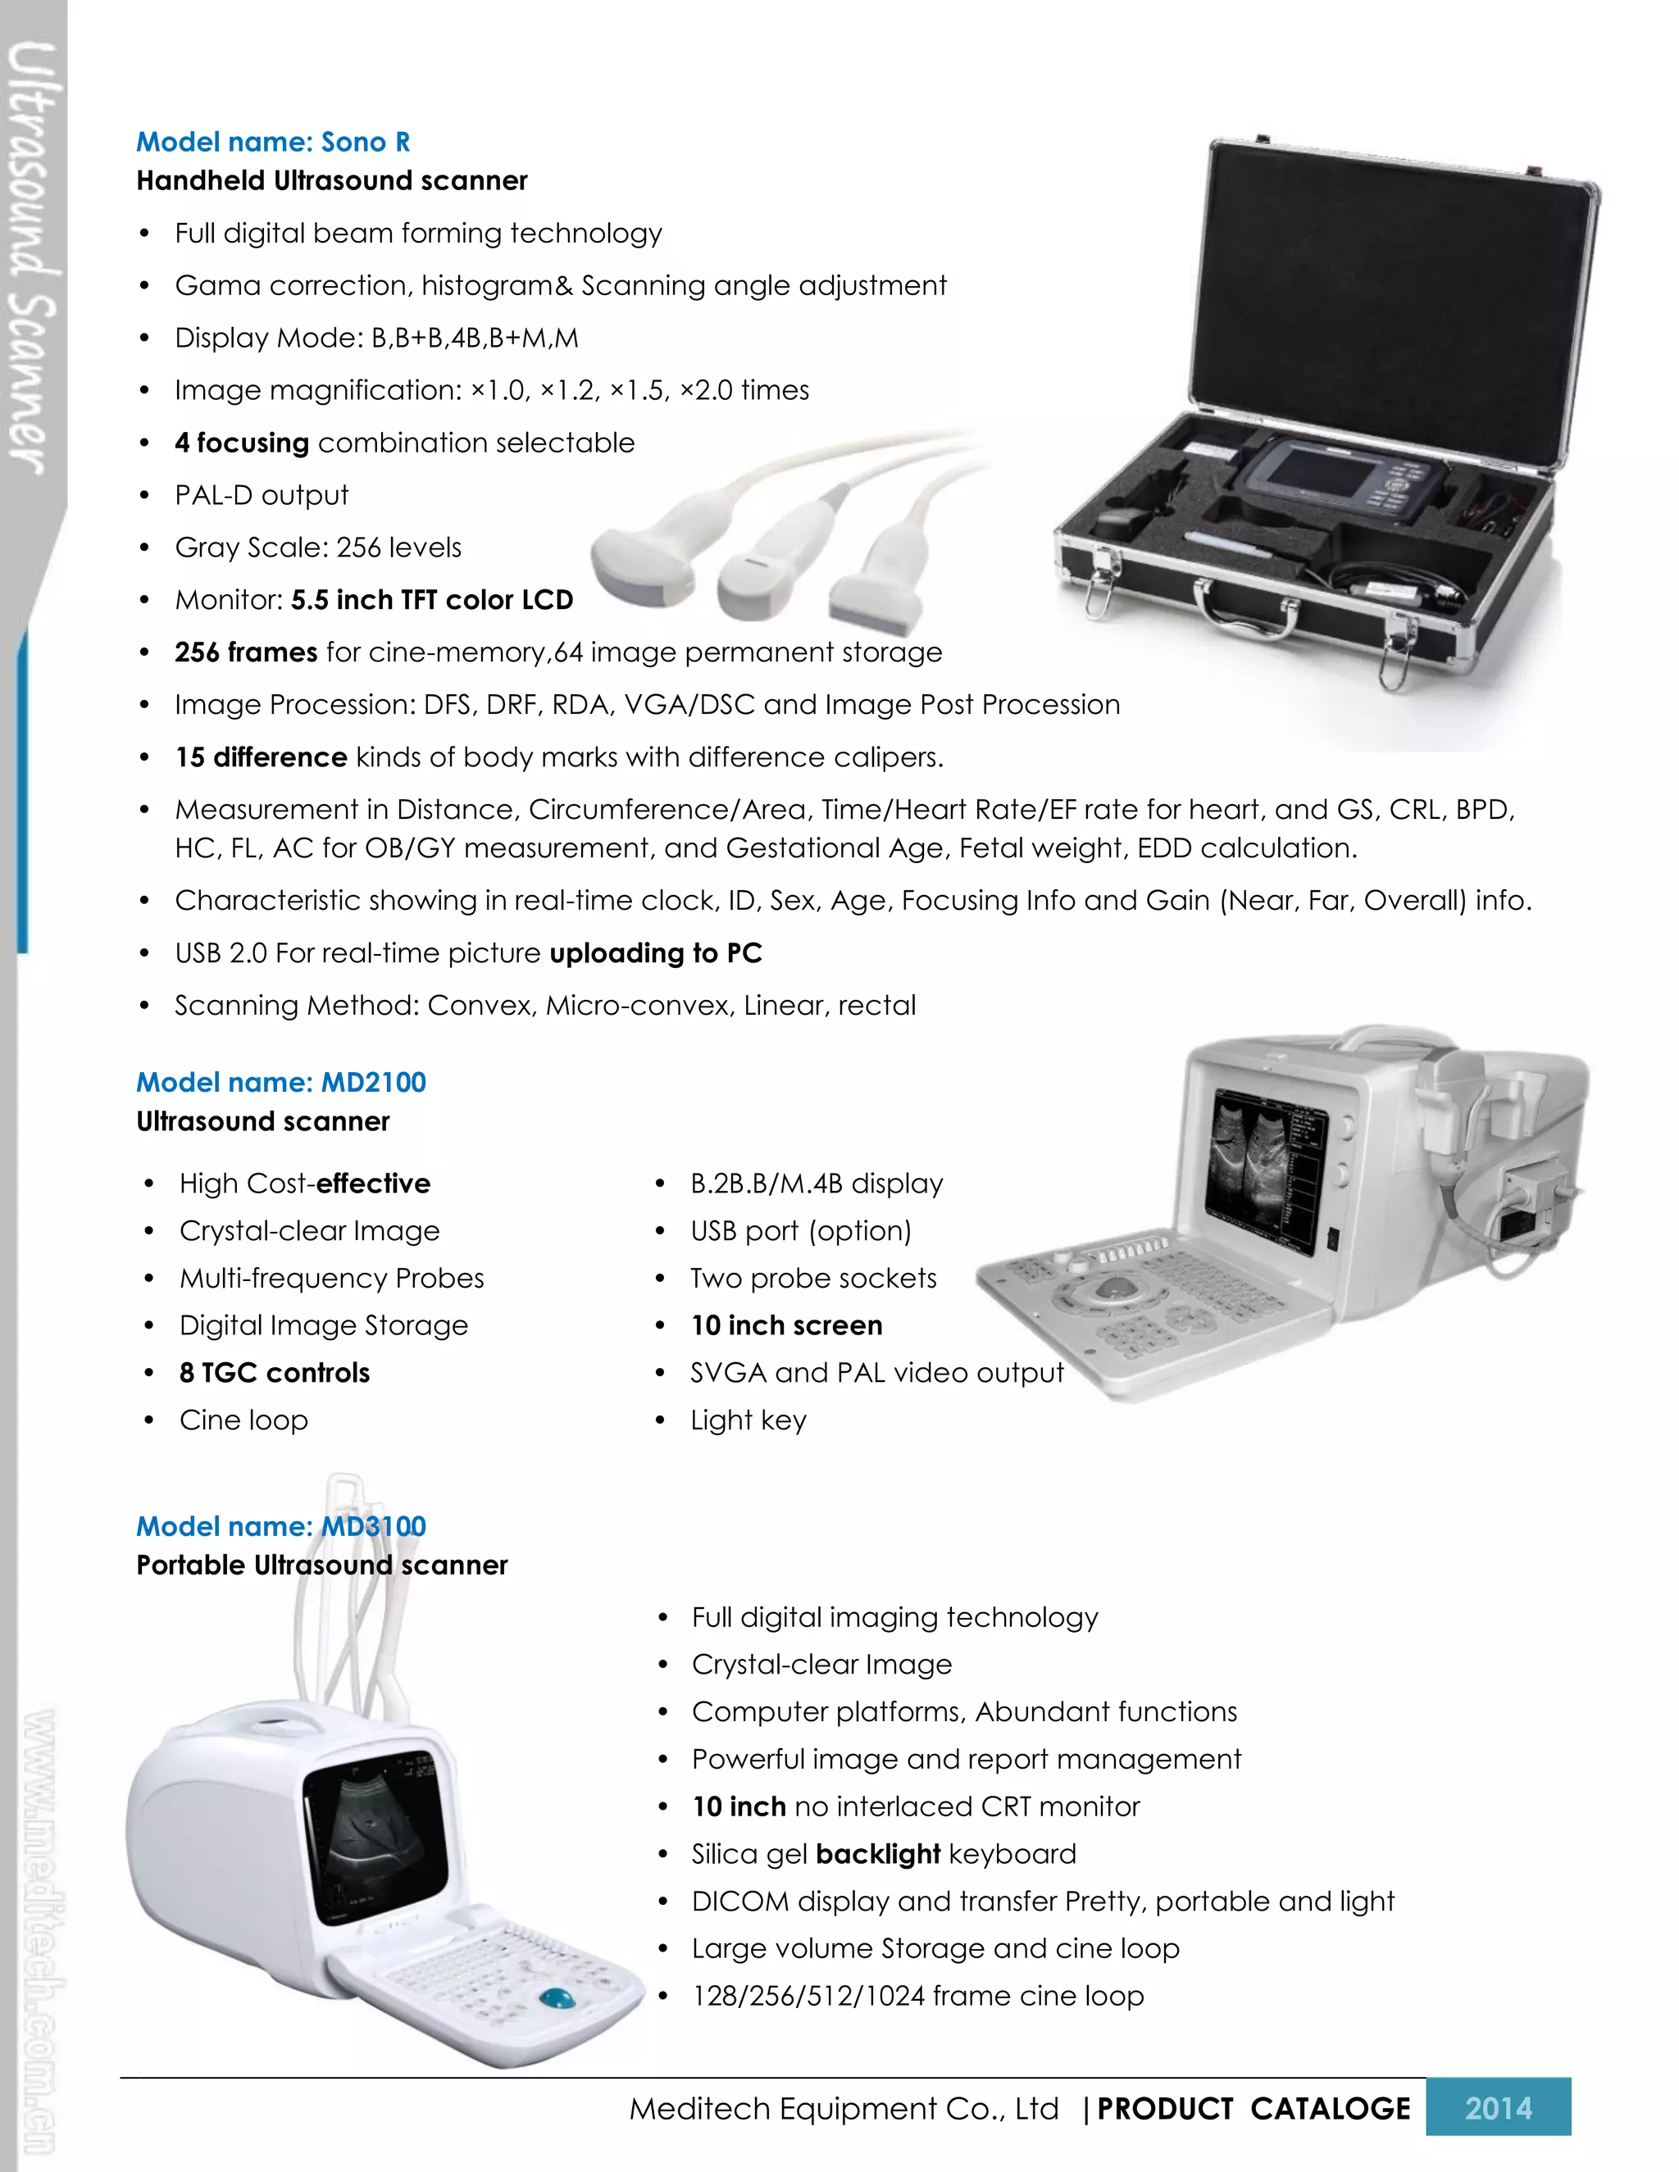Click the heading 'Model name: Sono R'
[x=272, y=143]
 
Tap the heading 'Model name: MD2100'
[x=280, y=1082]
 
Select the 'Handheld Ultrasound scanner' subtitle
[x=331, y=181]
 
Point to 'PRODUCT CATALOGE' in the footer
[x=1254, y=2108]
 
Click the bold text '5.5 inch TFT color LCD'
[x=432, y=600]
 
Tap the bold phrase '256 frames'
[x=246, y=652]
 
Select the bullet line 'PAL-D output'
[x=262, y=495]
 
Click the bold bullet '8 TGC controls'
[x=275, y=1372]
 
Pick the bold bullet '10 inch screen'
[x=785, y=1325]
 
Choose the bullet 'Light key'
[x=748, y=1420]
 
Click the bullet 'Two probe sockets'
[x=812, y=1278]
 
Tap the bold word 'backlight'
[x=877, y=1854]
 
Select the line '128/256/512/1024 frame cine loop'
[x=917, y=1995]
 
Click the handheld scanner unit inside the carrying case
[x=1337, y=476]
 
